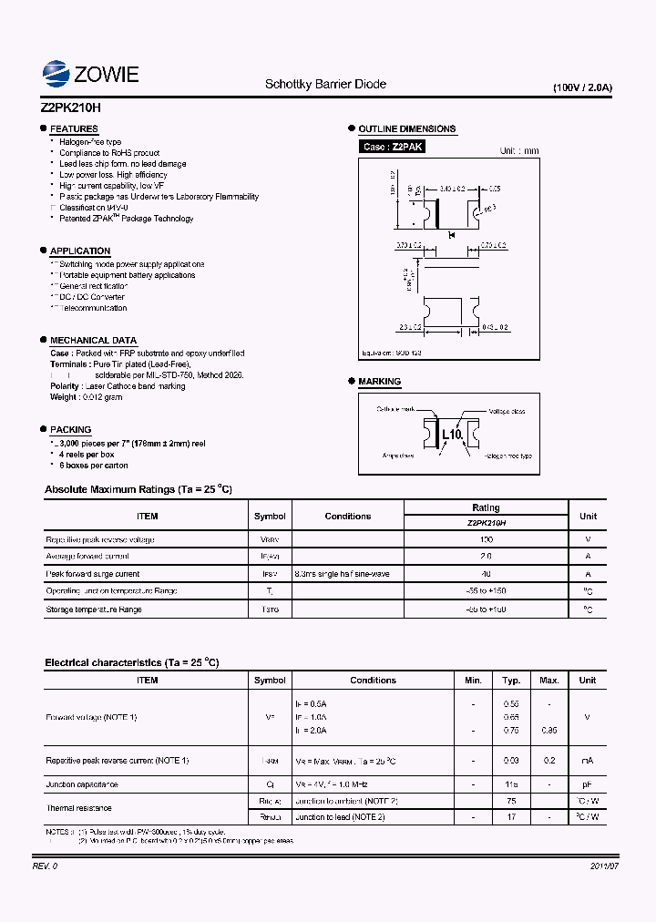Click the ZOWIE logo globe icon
pyautogui.click(x=56, y=74)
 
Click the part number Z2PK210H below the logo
pyautogui.click(x=71, y=106)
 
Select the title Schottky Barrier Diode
pyautogui.click(x=325, y=84)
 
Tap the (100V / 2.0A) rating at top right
pyautogui.click(x=582, y=88)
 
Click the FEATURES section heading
pyautogui.click(x=74, y=129)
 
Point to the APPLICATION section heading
pyautogui.click(x=80, y=251)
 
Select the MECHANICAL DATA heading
pyautogui.click(x=93, y=340)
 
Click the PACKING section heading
pyautogui.click(x=70, y=429)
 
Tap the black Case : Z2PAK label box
pyautogui.click(x=393, y=147)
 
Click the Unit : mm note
pyautogui.click(x=519, y=151)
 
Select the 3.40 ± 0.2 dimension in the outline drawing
pyautogui.click(x=452, y=189)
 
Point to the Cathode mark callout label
pyautogui.click(x=395, y=410)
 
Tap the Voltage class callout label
pyautogui.click(x=507, y=412)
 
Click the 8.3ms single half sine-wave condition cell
pyautogui.click(x=342, y=574)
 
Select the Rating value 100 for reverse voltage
pyautogui.click(x=486, y=539)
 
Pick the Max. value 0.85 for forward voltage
pyautogui.click(x=549, y=731)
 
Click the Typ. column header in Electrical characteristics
pyautogui.click(x=511, y=680)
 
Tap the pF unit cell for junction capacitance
pyautogui.click(x=588, y=784)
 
